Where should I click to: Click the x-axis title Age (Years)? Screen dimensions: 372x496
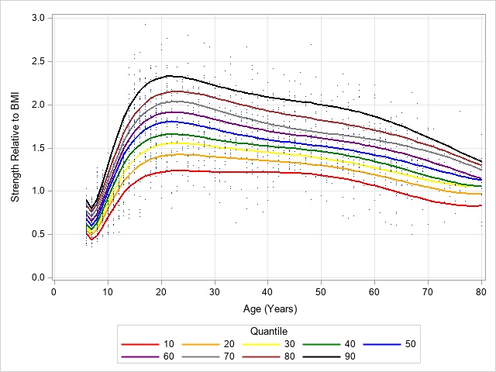(x=267, y=308)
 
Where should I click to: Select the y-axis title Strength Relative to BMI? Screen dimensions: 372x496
(x=15, y=147)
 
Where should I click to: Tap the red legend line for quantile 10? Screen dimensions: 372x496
(x=138, y=343)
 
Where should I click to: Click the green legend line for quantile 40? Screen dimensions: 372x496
(x=320, y=343)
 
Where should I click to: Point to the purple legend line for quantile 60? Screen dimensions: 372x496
(x=138, y=357)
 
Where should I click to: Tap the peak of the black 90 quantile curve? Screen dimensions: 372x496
(x=168, y=75)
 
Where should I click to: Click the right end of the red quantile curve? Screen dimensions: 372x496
(x=481, y=205)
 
